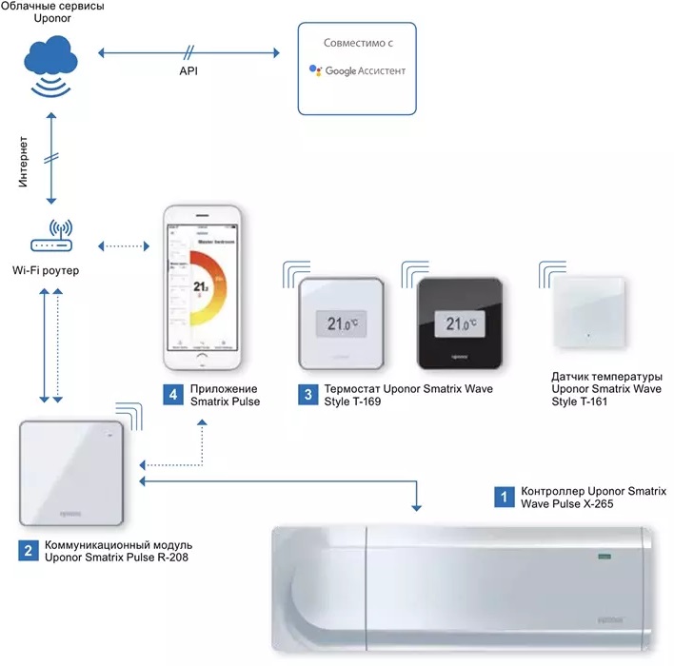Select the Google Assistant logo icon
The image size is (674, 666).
tap(316, 71)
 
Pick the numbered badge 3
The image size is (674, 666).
tap(305, 394)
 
